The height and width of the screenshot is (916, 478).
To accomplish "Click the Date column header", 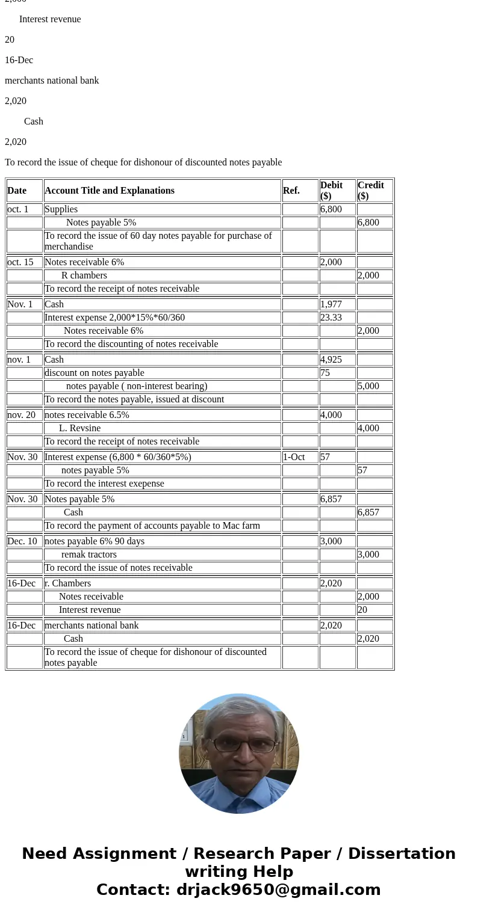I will (x=17, y=191).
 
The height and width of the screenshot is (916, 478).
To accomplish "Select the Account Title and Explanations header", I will (x=110, y=191).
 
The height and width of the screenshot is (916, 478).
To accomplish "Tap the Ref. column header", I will (x=291, y=191).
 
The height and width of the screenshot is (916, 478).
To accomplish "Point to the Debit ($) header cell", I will (x=331, y=191).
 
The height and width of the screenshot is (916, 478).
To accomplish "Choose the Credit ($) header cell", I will (x=370, y=191).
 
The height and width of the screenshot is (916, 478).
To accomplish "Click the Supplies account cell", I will (x=61, y=209).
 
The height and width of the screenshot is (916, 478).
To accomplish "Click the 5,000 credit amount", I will (x=368, y=386).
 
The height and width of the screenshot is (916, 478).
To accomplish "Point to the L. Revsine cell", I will (x=80, y=428).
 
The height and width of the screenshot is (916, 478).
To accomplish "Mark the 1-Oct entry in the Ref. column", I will (x=294, y=457).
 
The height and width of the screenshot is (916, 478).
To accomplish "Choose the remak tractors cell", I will (x=89, y=555).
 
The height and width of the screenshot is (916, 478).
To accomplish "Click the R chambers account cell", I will (x=84, y=275).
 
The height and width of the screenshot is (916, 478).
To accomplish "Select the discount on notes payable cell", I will (x=95, y=373).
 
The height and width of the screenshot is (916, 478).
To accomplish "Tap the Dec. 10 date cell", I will (x=22, y=541).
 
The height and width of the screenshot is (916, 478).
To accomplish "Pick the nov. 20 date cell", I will (x=22, y=415).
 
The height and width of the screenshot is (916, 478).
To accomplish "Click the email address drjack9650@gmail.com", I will (x=278, y=890).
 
